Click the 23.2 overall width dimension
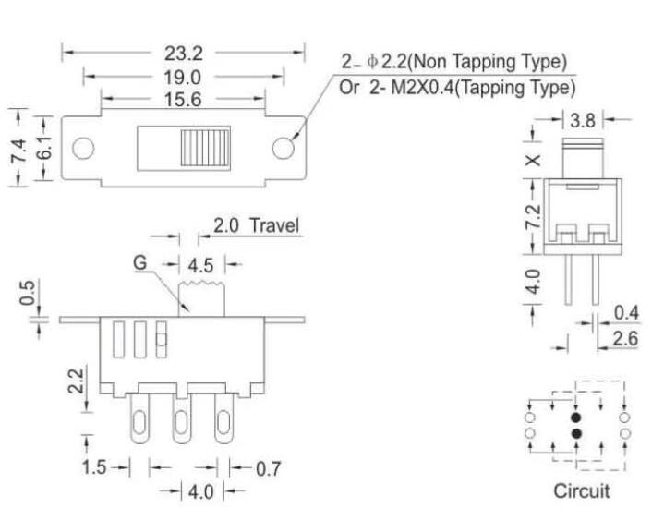click(x=184, y=54)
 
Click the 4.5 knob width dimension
click(x=199, y=265)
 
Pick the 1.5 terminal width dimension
click(x=94, y=468)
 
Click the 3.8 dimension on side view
click(x=583, y=119)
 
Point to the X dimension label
click(x=532, y=159)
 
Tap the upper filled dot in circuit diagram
click(x=576, y=417)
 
